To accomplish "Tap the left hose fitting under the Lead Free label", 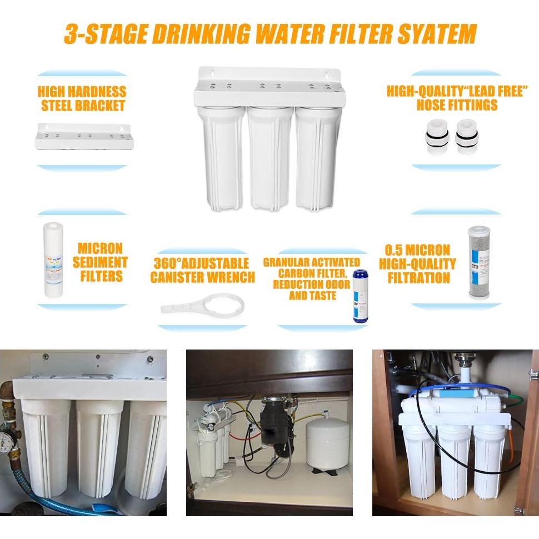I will tap(435, 137).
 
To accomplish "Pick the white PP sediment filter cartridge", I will tap(54, 258).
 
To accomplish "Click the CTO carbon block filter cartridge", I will tap(478, 262).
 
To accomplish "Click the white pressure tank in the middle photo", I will tap(327, 445).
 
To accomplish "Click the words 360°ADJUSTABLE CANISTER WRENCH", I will tap(202, 269).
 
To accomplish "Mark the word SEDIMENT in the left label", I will tap(100, 262).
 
